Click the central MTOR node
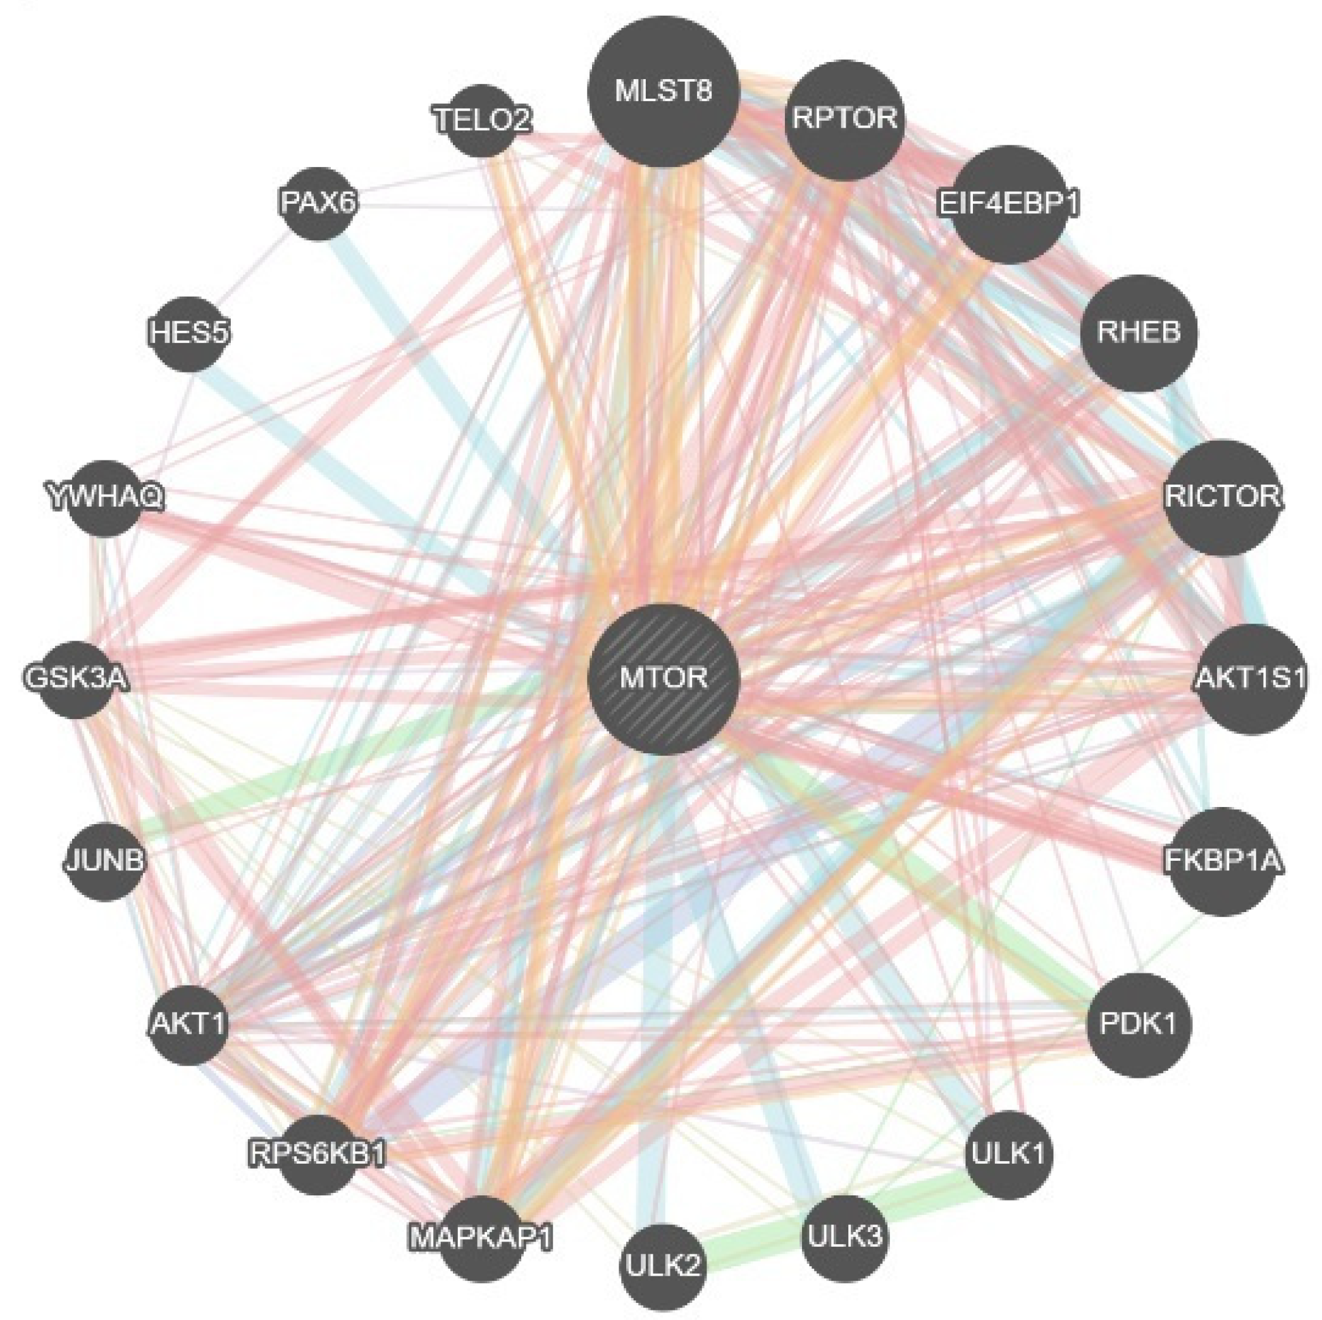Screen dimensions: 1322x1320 663,679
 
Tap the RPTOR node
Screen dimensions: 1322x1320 843,120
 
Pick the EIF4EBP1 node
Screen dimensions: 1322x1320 1007,204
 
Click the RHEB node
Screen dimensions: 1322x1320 1139,333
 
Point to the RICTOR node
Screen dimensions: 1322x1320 1222,497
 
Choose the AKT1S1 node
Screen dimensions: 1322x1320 1251,679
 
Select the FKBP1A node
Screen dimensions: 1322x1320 1222,861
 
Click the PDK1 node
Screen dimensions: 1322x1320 1139,1025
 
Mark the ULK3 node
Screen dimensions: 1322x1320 844,1237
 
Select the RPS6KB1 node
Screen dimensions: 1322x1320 318,1155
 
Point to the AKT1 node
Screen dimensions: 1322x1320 188,1025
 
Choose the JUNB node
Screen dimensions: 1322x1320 105,861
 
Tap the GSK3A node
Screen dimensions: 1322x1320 76,679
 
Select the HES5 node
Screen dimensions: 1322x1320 188,333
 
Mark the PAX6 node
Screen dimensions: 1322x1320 318,203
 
